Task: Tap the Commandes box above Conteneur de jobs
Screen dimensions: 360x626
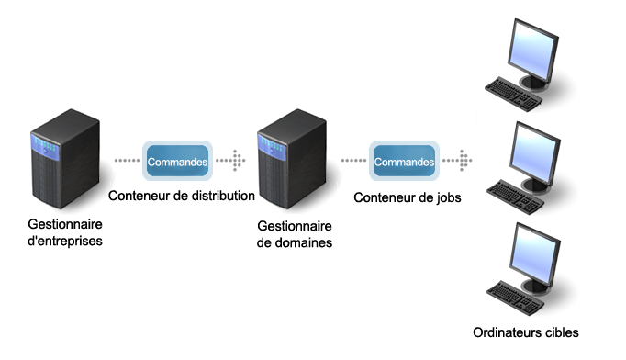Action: [404, 161]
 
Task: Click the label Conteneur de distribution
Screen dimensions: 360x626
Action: [181, 196]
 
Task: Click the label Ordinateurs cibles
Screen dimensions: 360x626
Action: [526, 332]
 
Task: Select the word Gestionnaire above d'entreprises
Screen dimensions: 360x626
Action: [64, 226]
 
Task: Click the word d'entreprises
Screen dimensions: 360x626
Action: [65, 241]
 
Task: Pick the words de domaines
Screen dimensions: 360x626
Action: [294, 242]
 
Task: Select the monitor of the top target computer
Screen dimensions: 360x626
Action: [536, 51]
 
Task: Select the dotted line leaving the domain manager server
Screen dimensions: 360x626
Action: [353, 161]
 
